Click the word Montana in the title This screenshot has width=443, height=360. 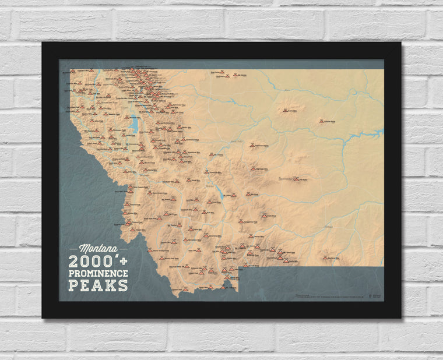click(x=98, y=248)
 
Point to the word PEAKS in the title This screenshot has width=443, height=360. click(x=98, y=285)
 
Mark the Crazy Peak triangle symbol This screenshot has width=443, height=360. click(x=264, y=216)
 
